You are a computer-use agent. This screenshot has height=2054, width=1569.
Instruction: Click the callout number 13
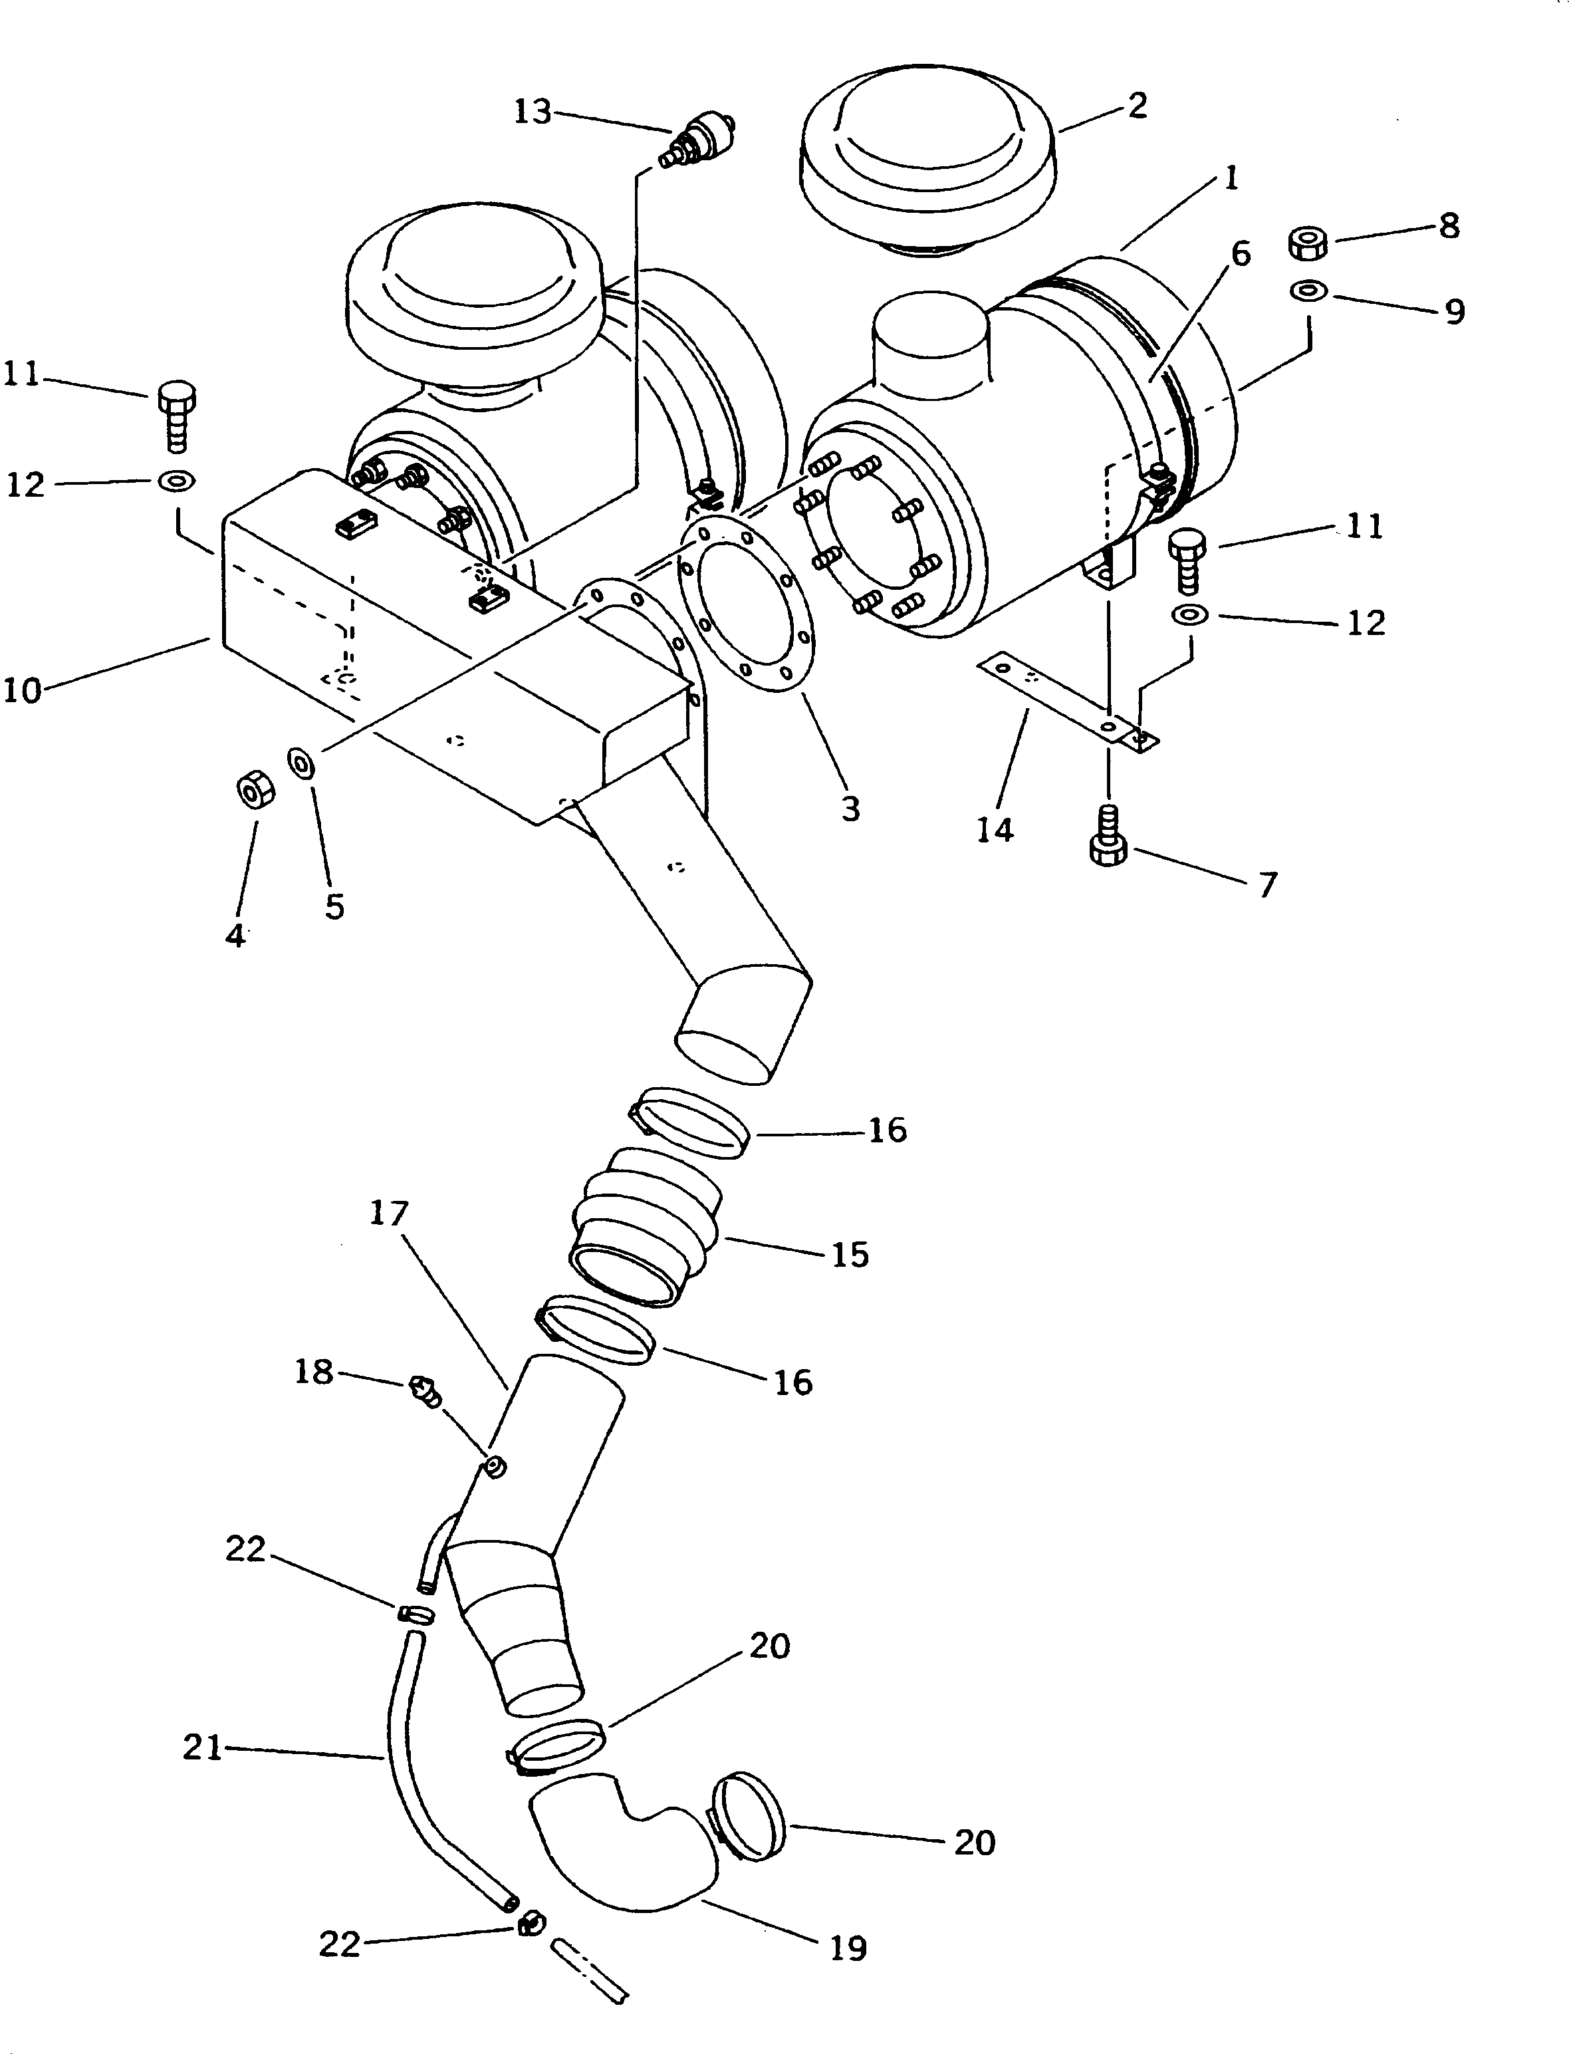coord(533,112)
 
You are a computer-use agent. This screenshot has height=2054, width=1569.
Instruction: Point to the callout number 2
coord(1137,106)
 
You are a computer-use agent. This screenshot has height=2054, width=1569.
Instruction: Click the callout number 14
coord(995,829)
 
